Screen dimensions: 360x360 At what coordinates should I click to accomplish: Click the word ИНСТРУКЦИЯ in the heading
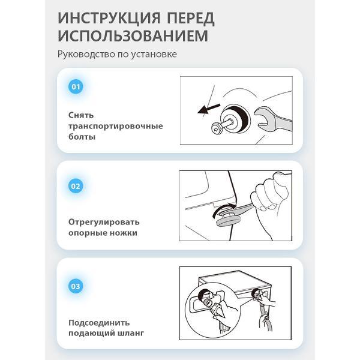(109, 18)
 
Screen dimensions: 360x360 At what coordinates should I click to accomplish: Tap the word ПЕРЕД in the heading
(191, 18)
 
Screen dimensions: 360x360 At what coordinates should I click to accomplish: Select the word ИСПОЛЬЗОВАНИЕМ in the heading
(133, 36)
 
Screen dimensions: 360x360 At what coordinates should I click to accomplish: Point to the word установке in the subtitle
(154, 55)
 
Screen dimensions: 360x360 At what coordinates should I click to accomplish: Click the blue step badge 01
(76, 87)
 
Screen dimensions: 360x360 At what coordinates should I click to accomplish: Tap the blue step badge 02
(76, 186)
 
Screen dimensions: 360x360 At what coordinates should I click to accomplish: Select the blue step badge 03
(76, 286)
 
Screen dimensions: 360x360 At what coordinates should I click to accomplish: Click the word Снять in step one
(81, 115)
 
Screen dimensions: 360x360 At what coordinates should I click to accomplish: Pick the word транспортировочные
(116, 126)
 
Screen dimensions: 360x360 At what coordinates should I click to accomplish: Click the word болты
(82, 137)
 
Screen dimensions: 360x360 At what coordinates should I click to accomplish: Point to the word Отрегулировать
(104, 222)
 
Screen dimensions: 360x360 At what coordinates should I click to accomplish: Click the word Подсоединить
(99, 323)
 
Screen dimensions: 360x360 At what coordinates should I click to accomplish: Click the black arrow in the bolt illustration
(209, 109)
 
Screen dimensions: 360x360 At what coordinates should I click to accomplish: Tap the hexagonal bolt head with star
(217, 128)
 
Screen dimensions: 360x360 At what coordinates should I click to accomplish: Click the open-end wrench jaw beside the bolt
(264, 118)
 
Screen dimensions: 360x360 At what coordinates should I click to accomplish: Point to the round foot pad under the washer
(225, 222)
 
